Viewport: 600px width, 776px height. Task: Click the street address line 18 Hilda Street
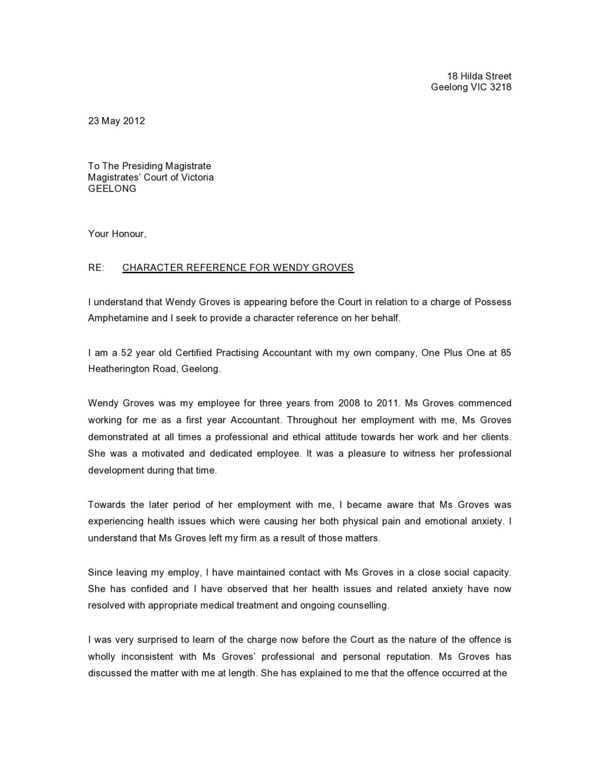click(x=479, y=76)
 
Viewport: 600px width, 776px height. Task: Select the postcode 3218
click(x=501, y=87)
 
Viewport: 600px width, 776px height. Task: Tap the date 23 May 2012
click(x=116, y=121)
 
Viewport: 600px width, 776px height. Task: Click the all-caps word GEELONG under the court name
click(x=112, y=188)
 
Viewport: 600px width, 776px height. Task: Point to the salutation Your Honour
click(x=117, y=234)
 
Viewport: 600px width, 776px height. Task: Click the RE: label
click(x=96, y=268)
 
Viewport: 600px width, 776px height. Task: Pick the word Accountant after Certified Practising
click(x=287, y=353)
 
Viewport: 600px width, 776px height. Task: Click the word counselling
click(x=363, y=605)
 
